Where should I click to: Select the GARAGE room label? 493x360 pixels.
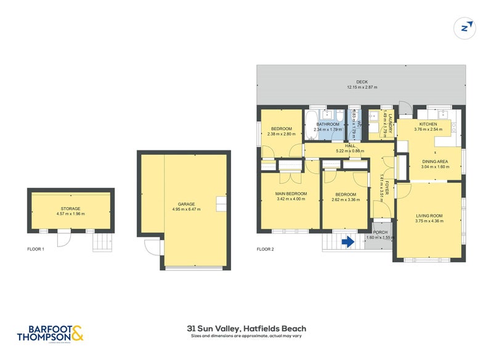(x=187, y=204)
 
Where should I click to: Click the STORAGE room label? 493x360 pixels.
(x=70, y=209)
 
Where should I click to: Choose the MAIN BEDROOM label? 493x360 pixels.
(x=291, y=194)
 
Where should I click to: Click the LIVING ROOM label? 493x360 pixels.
(x=429, y=216)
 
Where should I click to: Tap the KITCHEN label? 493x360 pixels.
(x=428, y=124)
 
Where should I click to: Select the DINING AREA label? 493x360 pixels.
(x=434, y=162)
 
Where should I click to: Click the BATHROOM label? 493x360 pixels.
(x=328, y=124)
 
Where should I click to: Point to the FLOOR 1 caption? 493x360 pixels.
(x=36, y=249)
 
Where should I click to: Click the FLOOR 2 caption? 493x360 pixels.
(x=265, y=249)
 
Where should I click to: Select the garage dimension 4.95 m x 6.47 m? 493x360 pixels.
(x=187, y=210)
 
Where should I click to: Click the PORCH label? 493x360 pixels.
(x=380, y=232)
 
